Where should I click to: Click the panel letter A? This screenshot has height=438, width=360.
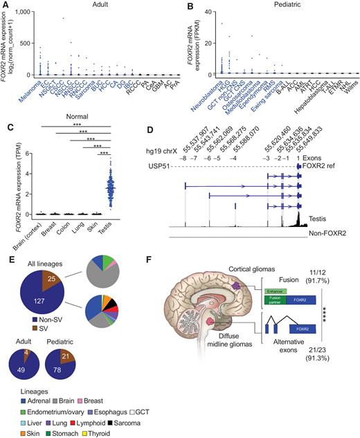click(x=5, y=6)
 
